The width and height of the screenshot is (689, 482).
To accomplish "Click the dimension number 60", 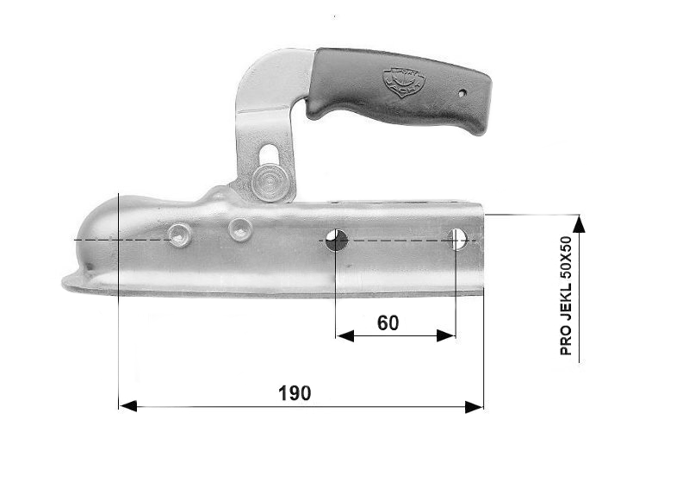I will tap(388, 323).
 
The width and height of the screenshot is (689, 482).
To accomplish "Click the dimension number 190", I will tap(295, 393).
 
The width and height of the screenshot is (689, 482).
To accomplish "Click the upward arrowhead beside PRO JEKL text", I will tap(579, 223).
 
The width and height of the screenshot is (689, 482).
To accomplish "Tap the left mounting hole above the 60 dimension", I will tap(337, 241).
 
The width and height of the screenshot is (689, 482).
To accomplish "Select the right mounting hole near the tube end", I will tap(458, 239).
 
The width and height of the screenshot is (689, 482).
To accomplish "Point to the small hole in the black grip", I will tap(462, 91).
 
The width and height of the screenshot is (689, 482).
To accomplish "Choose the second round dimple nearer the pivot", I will tap(239, 228).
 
